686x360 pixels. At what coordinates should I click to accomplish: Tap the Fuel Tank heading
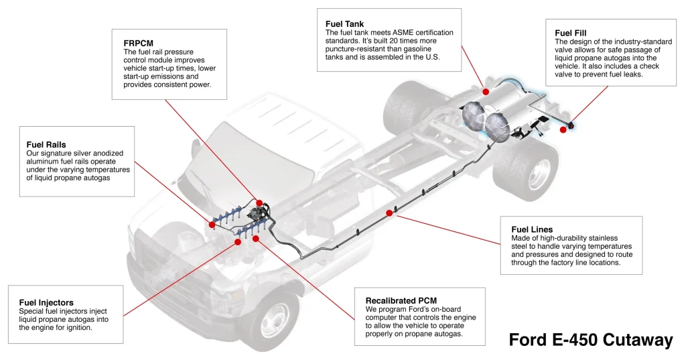[344, 23]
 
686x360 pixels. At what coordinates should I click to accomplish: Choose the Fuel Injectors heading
[46, 302]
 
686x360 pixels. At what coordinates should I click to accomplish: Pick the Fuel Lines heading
[532, 229]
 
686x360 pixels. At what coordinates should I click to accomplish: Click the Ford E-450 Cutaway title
[591, 340]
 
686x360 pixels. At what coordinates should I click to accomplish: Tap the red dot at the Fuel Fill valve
[563, 129]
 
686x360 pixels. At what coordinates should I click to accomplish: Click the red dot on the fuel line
[389, 213]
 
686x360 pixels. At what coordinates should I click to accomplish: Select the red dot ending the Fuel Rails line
[212, 225]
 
